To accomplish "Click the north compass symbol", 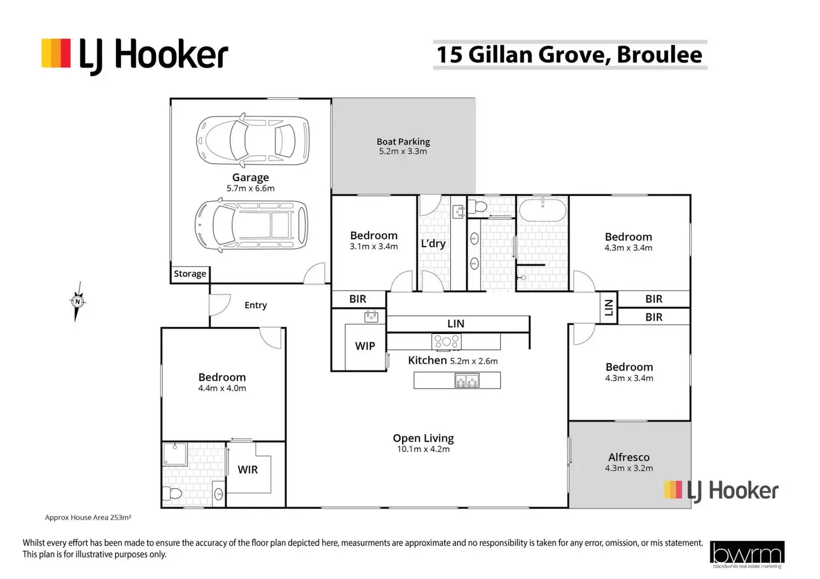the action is tap(78, 302).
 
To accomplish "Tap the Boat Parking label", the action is tap(403, 141).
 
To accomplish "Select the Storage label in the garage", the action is tap(190, 274).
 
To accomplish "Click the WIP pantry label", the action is tap(365, 346).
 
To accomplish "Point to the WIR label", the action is tap(248, 469).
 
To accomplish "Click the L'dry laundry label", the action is tap(433, 243).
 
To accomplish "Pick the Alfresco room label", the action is tap(629, 457).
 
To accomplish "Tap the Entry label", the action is tap(256, 305).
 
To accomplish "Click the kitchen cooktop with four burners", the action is tap(446, 341).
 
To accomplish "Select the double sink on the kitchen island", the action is tap(467, 381).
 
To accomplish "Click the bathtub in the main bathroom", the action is tap(543, 211).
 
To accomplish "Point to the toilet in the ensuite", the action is tap(173, 493).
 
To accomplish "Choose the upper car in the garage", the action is tap(253, 141).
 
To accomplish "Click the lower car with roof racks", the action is tap(251, 225).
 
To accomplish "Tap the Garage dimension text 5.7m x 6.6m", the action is tap(250, 188).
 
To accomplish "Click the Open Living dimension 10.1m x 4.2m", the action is tap(423, 449).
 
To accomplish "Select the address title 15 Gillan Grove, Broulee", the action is tap(569, 55).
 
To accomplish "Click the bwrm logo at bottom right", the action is tap(747, 554).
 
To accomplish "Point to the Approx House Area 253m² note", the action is tap(88, 517).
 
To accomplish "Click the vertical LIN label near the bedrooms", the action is tap(608, 307).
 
